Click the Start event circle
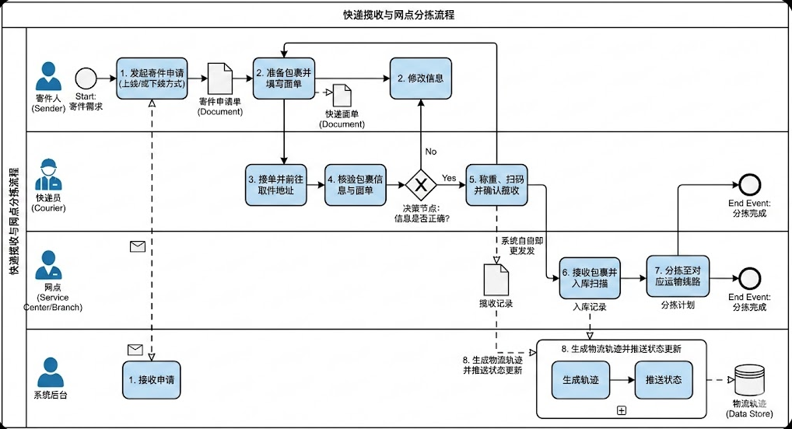point(86,78)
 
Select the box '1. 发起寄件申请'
point(151,78)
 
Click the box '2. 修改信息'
point(421,78)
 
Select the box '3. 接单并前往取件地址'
point(275,185)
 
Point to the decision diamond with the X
point(421,185)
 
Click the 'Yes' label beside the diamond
point(449,178)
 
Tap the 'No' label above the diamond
point(430,151)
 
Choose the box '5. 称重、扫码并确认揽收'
point(497,185)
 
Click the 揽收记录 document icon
point(496,279)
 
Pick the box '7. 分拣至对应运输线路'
point(678,276)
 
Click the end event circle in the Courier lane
point(749,184)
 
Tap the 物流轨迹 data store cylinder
point(750,381)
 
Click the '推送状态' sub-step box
point(664,380)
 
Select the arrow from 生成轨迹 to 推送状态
point(622,380)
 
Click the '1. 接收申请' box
point(152,380)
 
